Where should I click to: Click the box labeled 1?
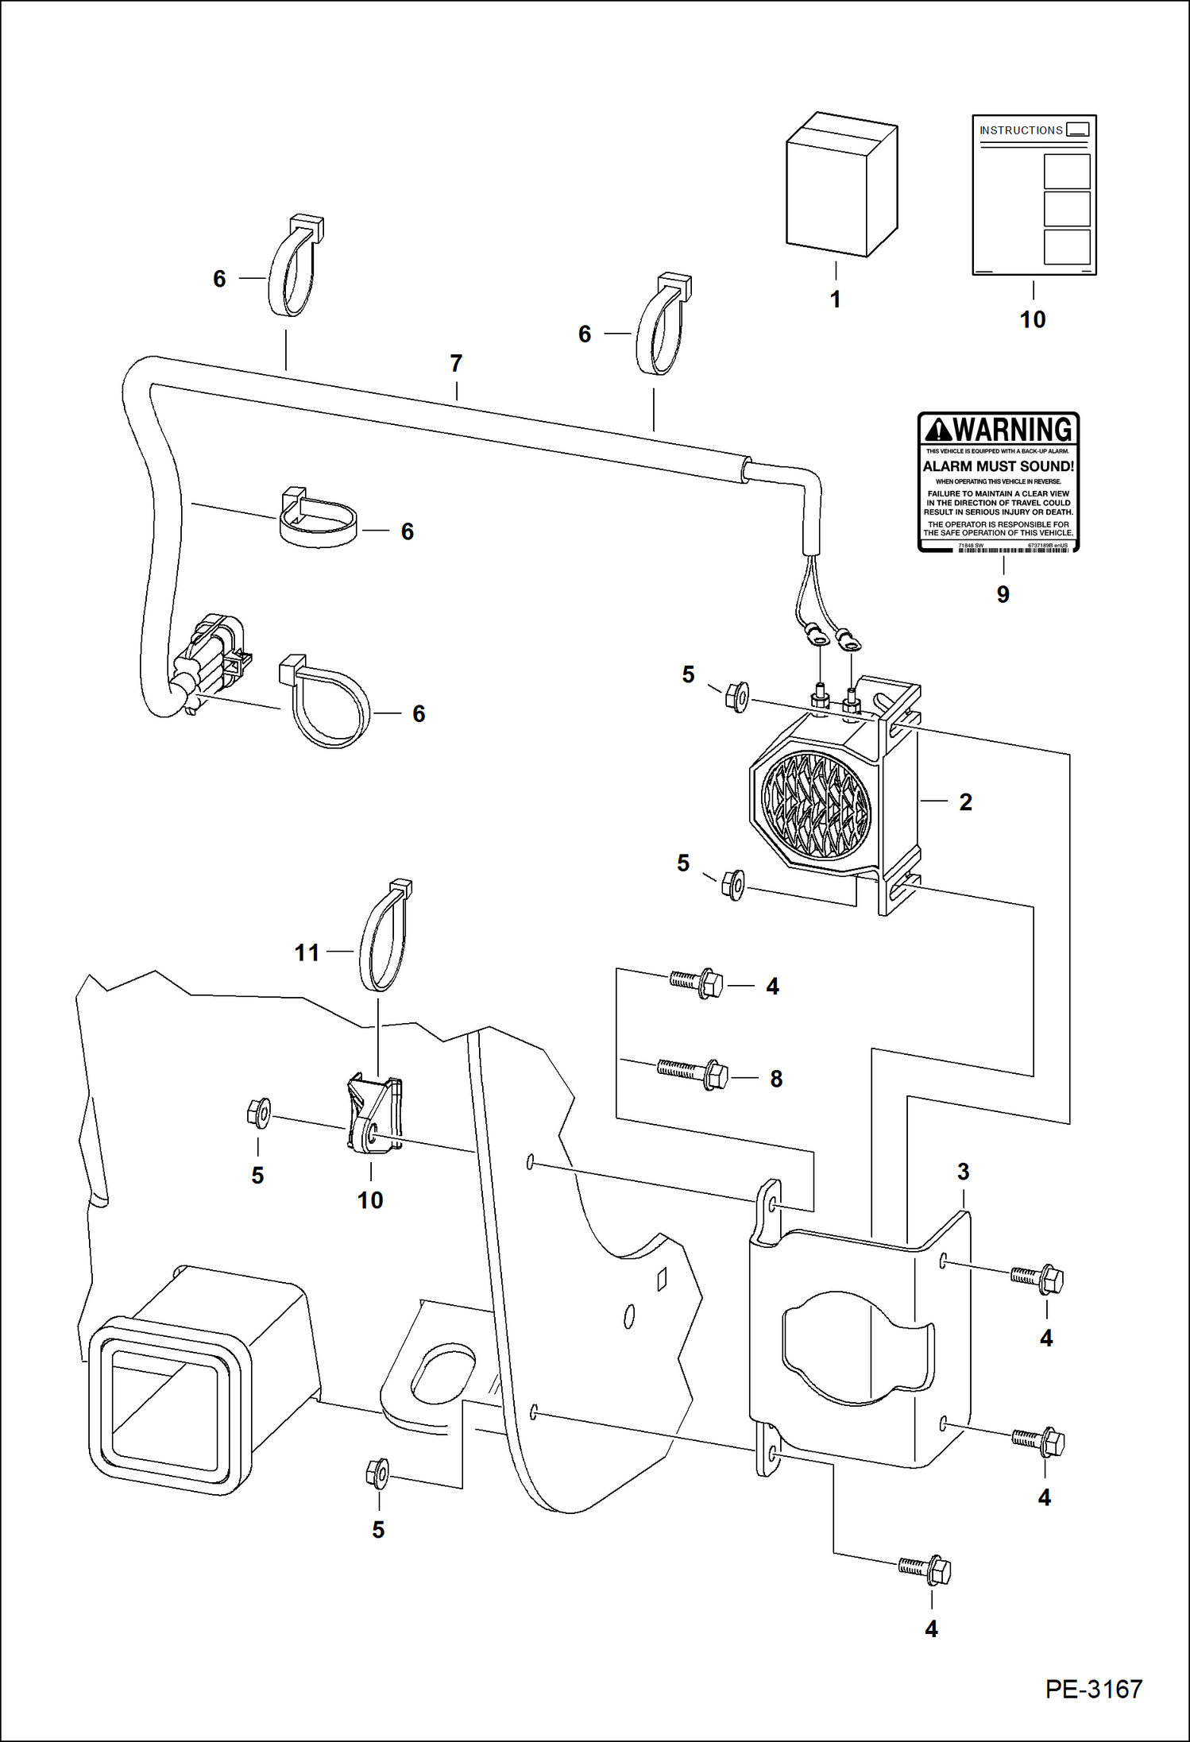point(840,186)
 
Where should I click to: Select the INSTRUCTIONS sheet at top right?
point(1034,195)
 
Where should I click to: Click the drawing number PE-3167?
point(1093,1689)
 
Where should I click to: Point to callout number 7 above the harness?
point(456,364)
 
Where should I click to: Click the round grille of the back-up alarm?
point(816,805)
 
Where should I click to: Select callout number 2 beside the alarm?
point(965,802)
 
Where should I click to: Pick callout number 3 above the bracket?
point(963,1172)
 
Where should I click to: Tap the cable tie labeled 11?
point(385,938)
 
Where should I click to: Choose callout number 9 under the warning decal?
point(1003,595)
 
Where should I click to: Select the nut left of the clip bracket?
point(259,1113)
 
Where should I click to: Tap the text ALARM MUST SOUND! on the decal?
point(998,467)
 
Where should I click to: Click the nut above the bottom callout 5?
point(377,1474)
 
